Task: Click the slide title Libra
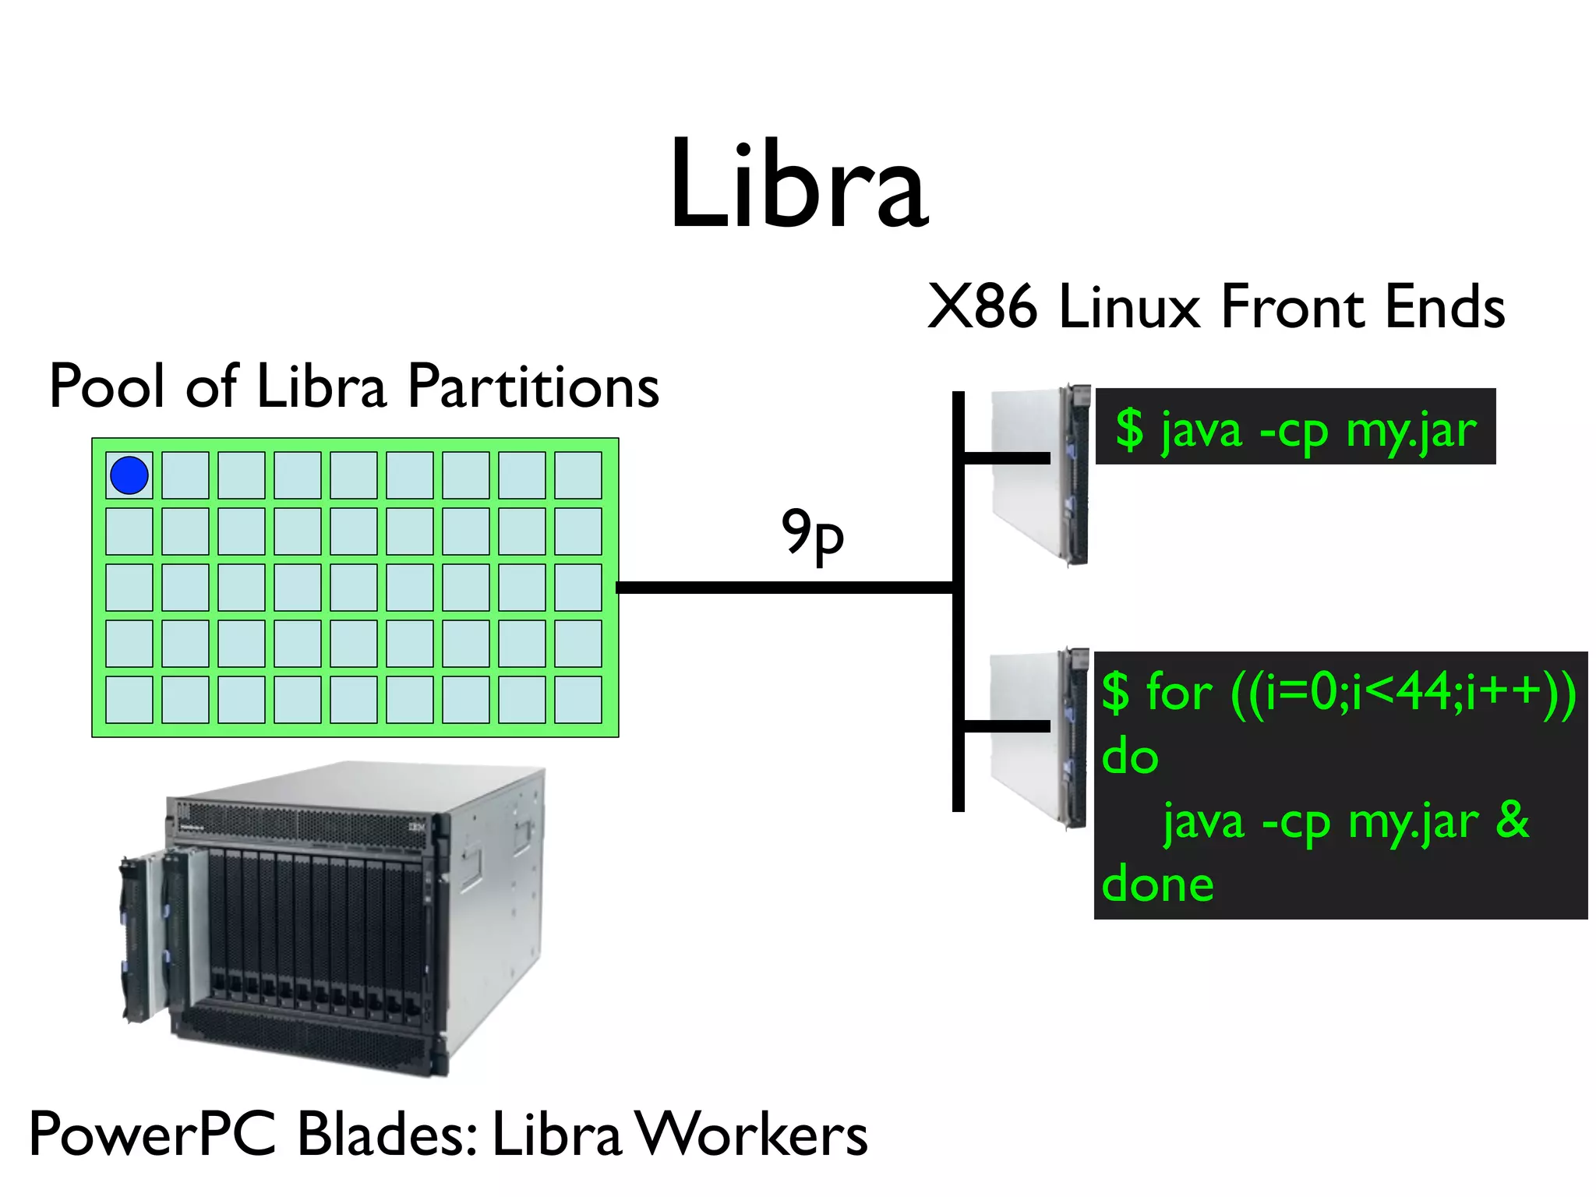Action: (x=798, y=185)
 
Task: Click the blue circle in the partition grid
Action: (x=129, y=475)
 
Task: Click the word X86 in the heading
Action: (x=982, y=307)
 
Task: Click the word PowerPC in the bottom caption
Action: (x=153, y=1135)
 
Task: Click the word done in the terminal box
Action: (x=1158, y=885)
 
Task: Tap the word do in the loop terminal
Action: (x=1130, y=756)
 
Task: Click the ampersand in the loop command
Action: (x=1512, y=820)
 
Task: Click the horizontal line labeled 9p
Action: (x=783, y=588)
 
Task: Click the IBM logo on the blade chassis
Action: (x=418, y=827)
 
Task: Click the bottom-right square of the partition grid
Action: (x=577, y=700)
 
